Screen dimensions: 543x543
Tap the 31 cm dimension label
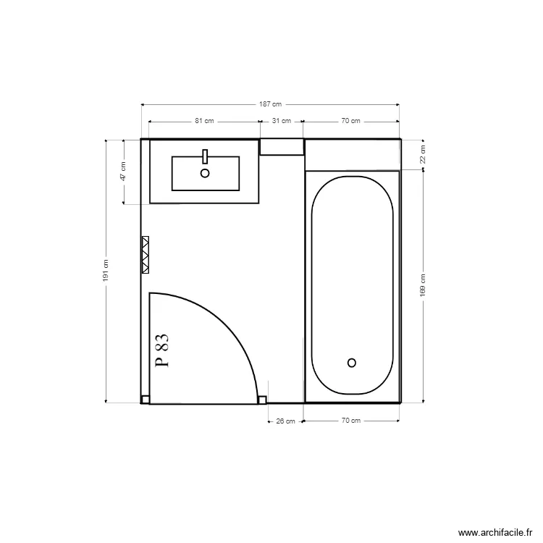tap(281, 121)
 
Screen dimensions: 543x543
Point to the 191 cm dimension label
tap(105, 271)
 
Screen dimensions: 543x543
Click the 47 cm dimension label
tap(123, 172)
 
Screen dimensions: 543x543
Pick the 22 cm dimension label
tap(423, 153)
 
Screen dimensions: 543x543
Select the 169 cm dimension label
tap(423, 285)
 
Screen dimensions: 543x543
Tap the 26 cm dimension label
tap(285, 421)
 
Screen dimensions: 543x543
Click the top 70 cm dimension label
tap(350, 121)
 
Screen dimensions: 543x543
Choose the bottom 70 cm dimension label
tap(350, 421)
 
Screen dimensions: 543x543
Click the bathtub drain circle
tap(352, 363)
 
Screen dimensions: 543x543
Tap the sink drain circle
tap(205, 173)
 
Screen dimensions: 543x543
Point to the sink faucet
tap(205, 156)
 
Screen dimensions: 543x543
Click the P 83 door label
tap(162, 350)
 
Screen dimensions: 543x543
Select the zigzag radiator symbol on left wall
tap(146, 254)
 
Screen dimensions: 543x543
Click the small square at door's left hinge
tap(145, 399)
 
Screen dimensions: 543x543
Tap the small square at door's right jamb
tap(262, 399)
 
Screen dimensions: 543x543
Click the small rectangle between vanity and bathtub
tap(282, 147)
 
